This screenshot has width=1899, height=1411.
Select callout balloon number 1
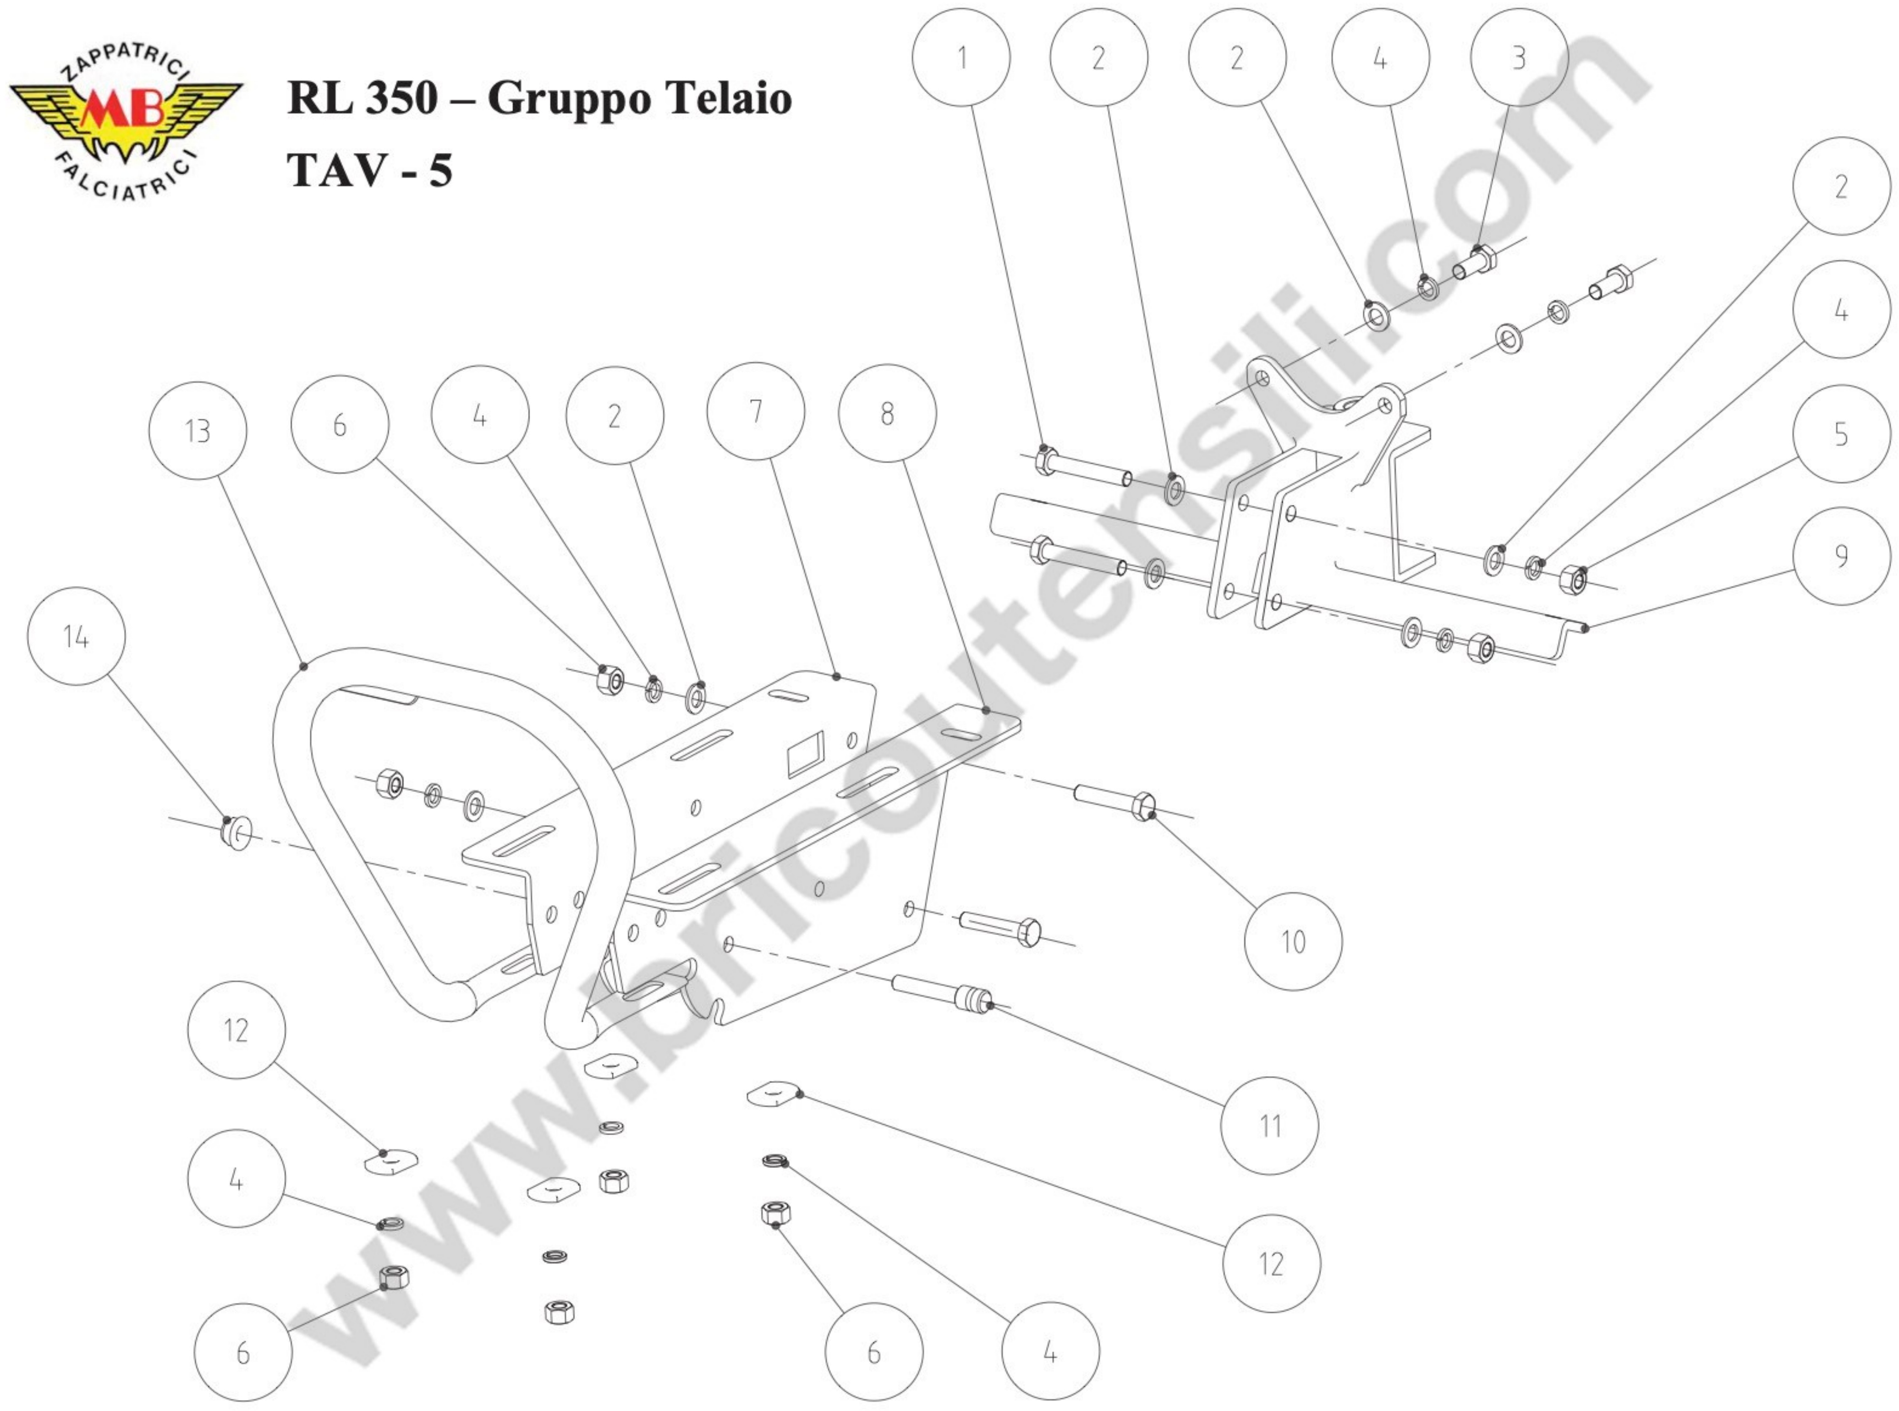961,57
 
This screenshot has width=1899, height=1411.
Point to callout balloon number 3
1519,57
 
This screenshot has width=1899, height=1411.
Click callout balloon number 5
1841,434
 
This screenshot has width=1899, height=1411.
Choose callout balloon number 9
1841,556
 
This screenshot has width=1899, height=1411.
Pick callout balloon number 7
755,411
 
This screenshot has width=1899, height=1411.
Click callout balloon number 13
198,431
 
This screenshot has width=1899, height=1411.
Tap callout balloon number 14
76,636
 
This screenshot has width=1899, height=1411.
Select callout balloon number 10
1293,942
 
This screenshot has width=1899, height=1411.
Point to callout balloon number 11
1269,1126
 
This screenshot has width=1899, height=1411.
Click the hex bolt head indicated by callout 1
1045,461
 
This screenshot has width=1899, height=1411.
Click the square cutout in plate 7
805,753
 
